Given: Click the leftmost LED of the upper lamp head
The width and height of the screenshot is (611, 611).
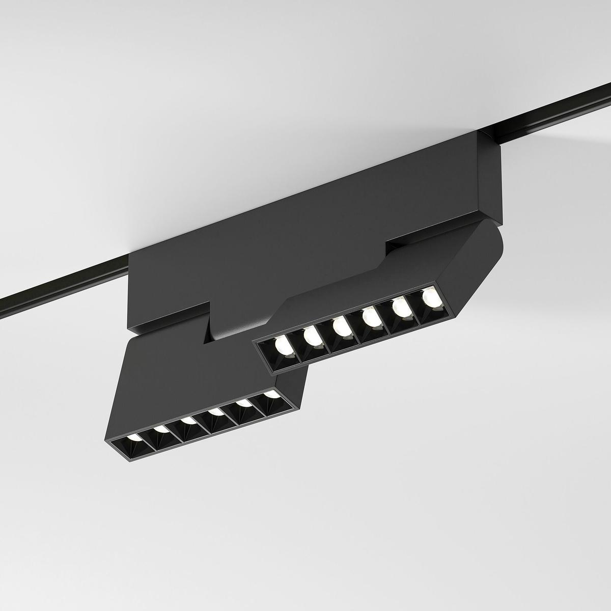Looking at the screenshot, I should [282, 347].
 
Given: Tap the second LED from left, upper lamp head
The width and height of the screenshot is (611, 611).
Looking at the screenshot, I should [311, 337].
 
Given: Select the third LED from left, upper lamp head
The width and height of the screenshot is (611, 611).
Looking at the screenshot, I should [341, 327].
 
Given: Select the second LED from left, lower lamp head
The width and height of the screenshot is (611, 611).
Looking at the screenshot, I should [161, 429].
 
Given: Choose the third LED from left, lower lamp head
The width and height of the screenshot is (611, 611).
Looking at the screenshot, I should [188, 421].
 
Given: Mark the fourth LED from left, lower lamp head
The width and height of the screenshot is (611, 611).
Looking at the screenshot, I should [216, 411].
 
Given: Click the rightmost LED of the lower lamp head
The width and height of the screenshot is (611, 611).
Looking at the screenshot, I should [271, 394].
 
